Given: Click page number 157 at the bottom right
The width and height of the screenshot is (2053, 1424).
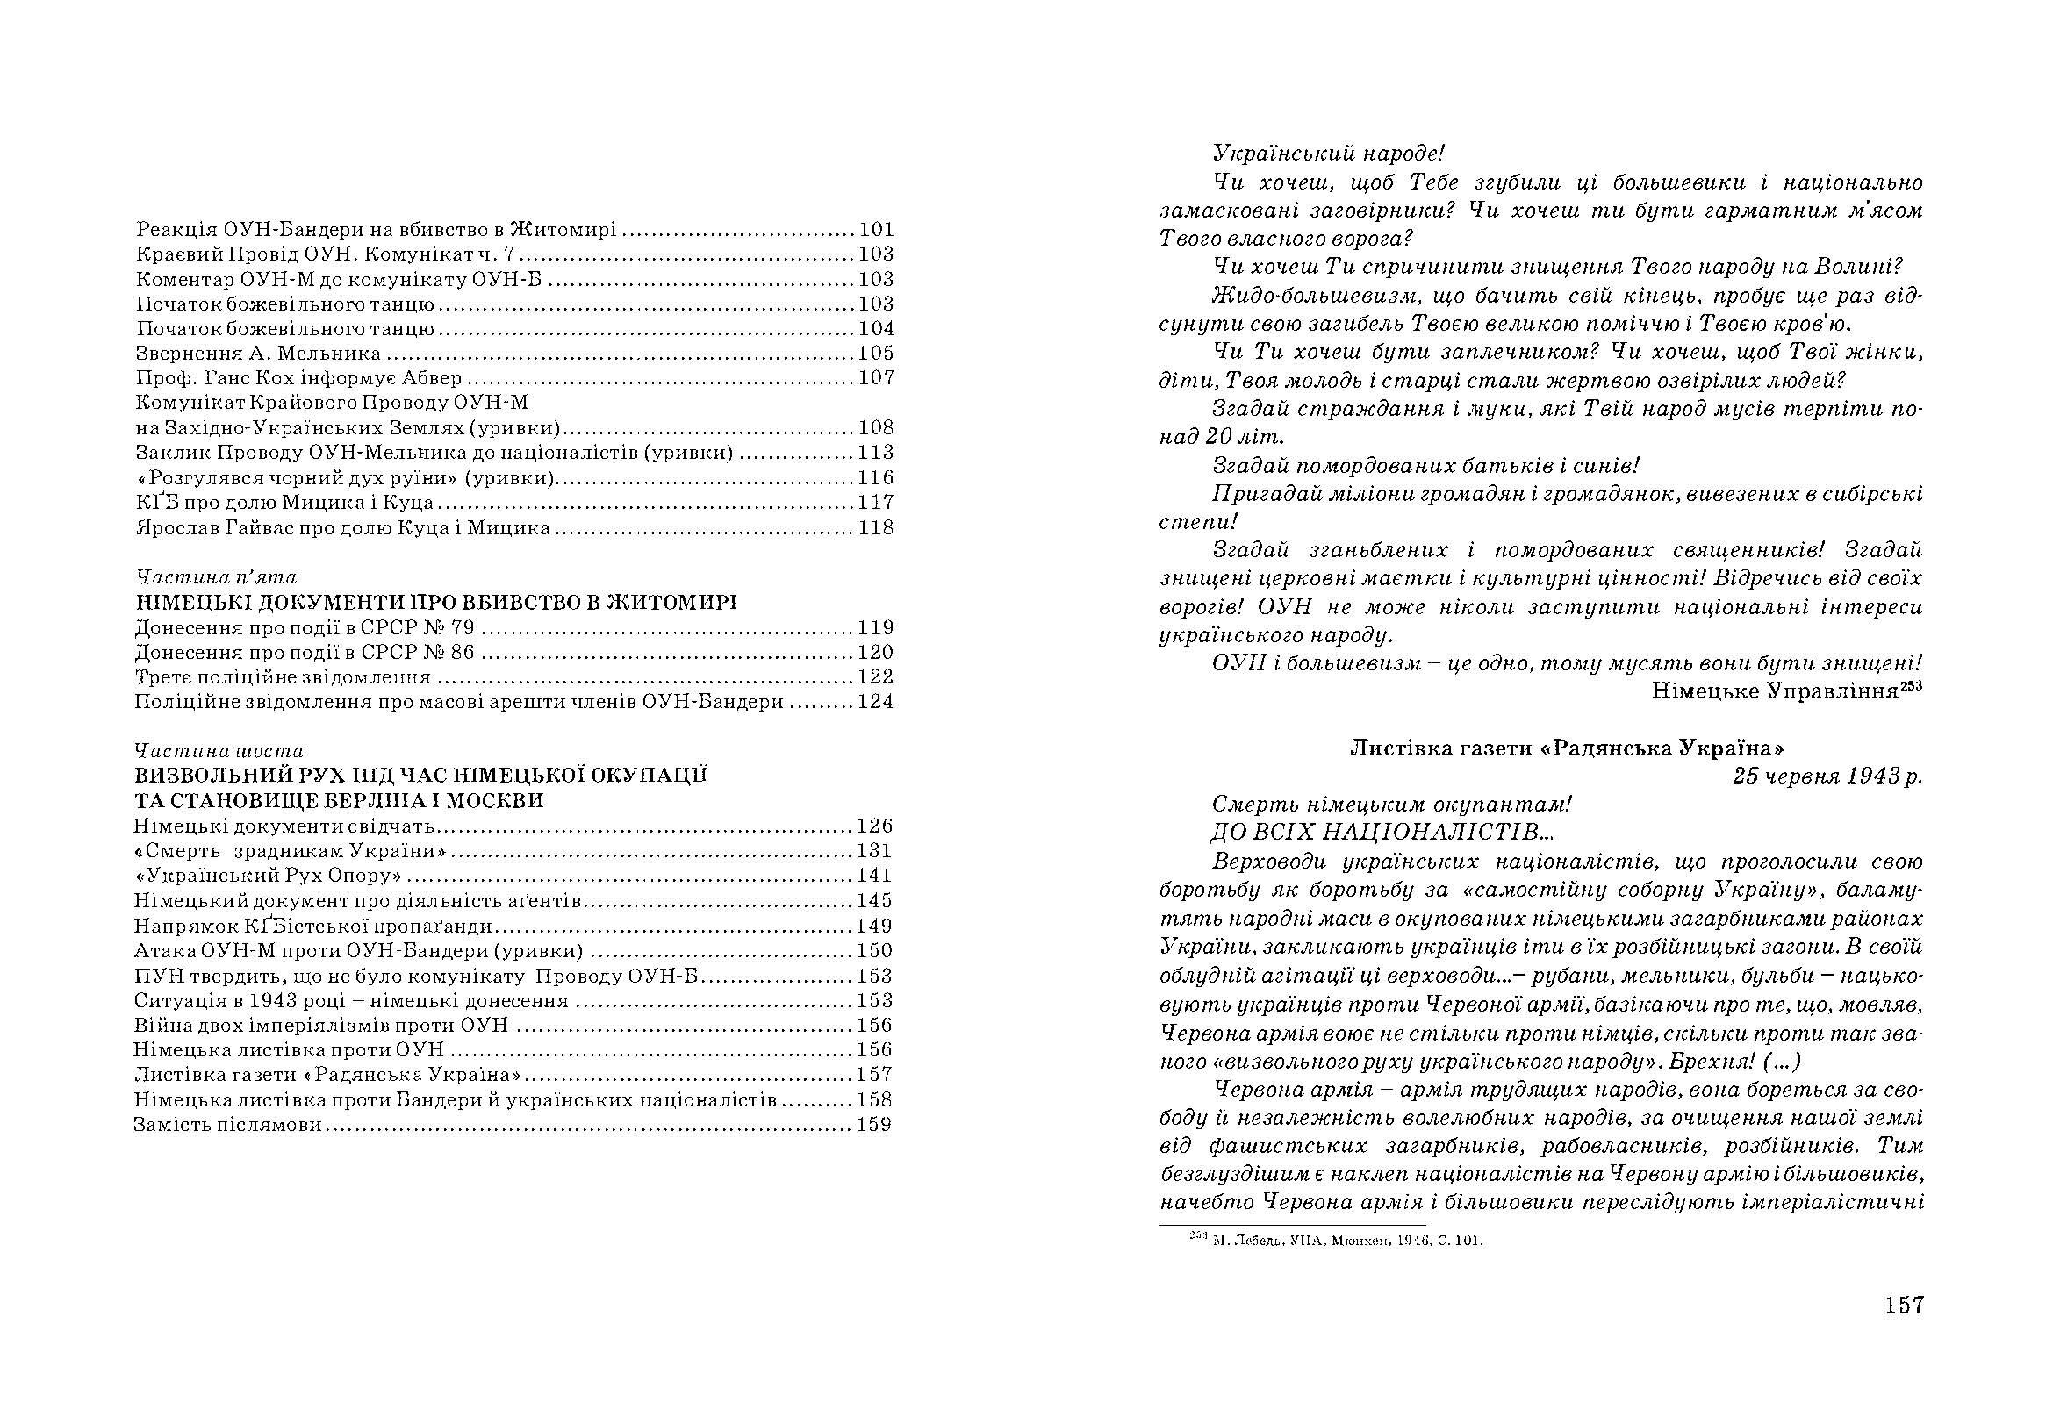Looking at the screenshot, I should (1903, 1306).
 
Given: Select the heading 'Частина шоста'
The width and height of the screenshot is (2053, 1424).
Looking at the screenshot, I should (218, 750).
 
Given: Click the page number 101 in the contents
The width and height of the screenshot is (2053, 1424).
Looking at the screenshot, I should (875, 229).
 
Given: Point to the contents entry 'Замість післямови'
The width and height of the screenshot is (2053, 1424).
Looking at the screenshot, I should (226, 1124).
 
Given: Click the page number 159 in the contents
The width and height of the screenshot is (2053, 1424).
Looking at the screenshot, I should (874, 1124).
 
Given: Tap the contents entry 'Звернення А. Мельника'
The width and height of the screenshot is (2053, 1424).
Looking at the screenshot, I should (258, 354).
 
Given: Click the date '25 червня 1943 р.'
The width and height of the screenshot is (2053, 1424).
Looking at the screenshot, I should (1827, 776).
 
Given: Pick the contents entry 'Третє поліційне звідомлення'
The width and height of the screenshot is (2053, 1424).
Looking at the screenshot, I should (282, 677).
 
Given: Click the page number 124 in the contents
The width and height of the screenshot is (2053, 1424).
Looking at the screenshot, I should (875, 702).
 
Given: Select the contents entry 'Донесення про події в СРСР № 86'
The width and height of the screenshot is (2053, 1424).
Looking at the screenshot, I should (305, 652).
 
